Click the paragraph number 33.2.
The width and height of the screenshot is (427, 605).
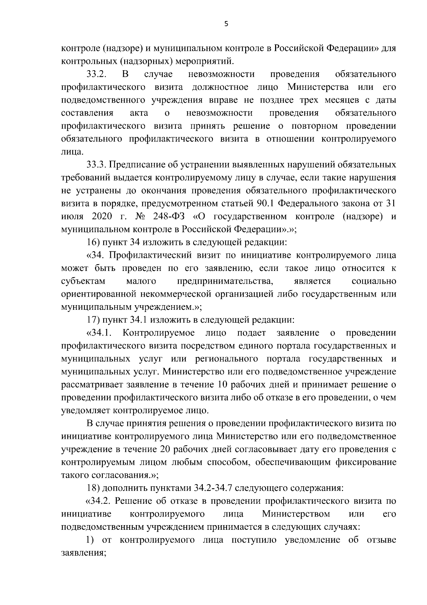(x=97, y=75)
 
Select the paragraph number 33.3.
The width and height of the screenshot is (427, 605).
(x=97, y=165)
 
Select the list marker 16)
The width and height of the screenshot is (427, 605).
(x=93, y=243)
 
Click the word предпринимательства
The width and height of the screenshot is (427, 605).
(x=225, y=281)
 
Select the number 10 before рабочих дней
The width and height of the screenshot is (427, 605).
(x=219, y=385)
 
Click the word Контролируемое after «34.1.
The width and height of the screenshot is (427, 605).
(x=158, y=333)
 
